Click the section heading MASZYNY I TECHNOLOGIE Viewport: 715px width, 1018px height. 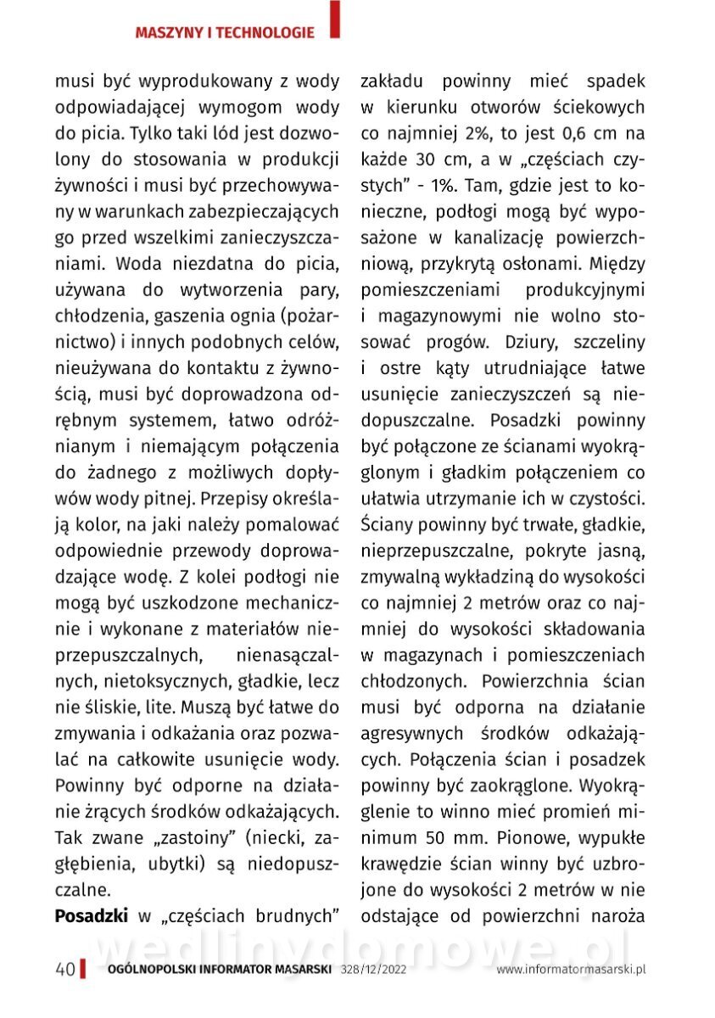225,33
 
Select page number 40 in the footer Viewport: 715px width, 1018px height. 64,970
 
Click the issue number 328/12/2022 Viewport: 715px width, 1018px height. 373,970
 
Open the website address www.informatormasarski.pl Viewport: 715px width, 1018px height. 572,970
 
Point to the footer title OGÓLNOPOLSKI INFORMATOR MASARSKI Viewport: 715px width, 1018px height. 220,970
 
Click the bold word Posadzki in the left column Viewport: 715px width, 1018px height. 92,916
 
